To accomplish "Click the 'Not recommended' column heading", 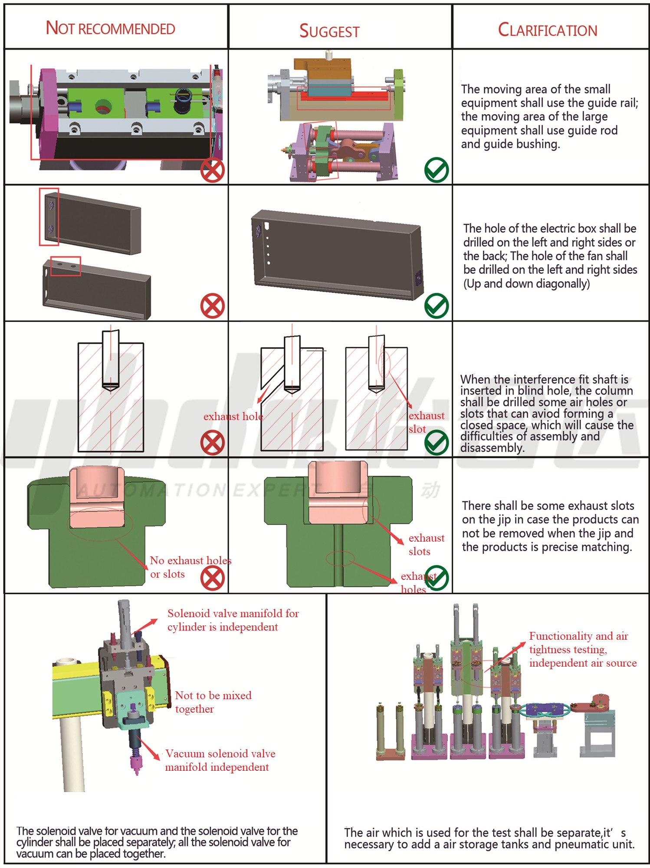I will [x=110, y=28].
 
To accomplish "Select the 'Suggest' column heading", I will [x=329, y=31].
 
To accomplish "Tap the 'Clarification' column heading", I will [x=547, y=30].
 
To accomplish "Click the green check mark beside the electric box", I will [x=436, y=306].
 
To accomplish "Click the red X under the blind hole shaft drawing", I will [x=212, y=443].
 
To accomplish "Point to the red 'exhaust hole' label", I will [x=233, y=416].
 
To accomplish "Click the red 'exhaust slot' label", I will [x=426, y=422].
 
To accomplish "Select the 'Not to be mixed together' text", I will [x=213, y=702].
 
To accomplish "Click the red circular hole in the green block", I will [x=103, y=106].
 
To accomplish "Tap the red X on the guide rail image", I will [x=212, y=170].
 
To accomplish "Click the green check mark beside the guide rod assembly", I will [x=436, y=170].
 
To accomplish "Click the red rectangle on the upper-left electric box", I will [x=49, y=217].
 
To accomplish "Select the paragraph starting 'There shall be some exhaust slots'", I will [x=550, y=526].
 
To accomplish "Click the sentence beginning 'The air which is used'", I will [x=489, y=838].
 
